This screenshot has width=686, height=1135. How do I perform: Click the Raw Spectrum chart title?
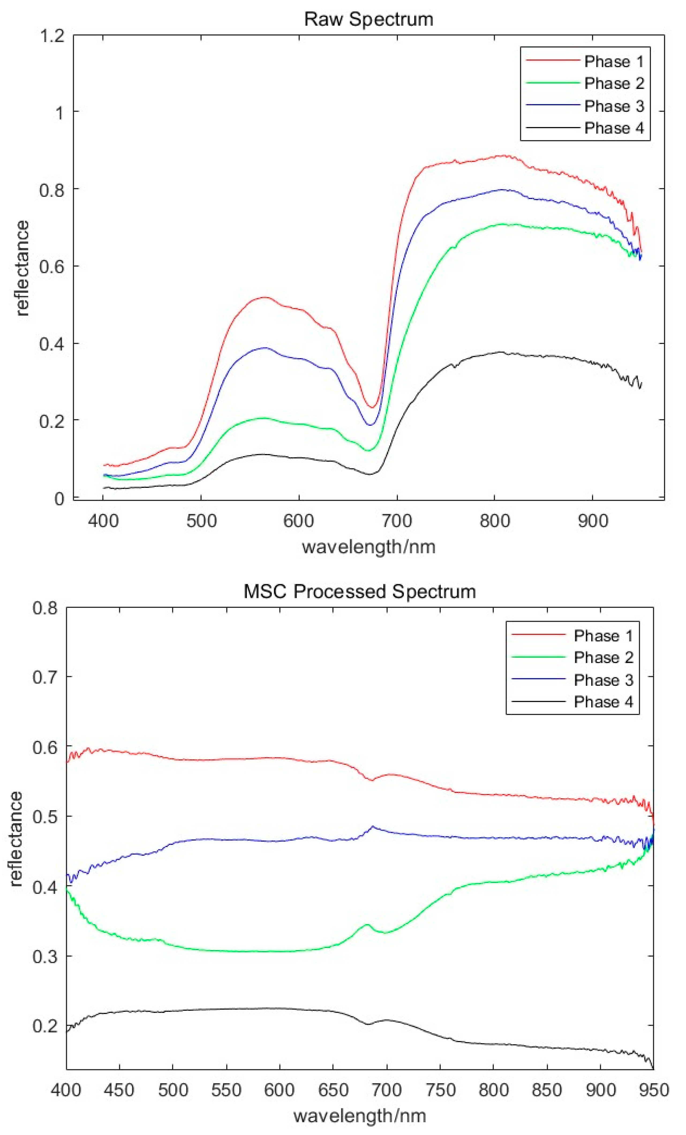(x=368, y=19)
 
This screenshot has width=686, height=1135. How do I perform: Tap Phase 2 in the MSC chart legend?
(x=603, y=657)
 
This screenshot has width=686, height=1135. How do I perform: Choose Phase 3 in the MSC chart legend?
(x=603, y=680)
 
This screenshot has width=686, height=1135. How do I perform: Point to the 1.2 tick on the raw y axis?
(x=52, y=35)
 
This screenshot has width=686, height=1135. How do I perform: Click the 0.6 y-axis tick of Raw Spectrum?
(x=52, y=266)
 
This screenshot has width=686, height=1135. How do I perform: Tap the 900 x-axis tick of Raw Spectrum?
(x=593, y=521)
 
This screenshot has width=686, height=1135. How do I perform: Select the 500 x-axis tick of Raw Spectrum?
(x=201, y=521)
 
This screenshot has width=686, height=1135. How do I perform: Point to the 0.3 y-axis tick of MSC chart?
(x=45, y=956)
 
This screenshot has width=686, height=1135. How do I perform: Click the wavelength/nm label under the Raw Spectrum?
(x=368, y=547)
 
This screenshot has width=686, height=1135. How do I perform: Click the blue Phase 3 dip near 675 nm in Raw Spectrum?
(x=370, y=425)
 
